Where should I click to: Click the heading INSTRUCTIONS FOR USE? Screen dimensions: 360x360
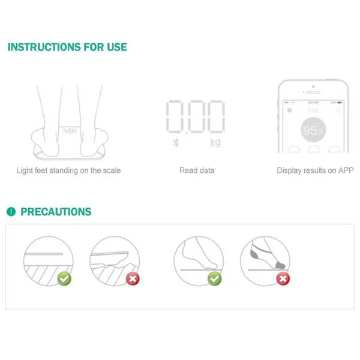67,47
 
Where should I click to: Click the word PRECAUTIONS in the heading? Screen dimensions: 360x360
56,212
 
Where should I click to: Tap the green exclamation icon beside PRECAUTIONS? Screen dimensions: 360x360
11,212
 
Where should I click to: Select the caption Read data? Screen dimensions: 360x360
197,170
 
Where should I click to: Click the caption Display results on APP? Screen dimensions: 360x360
315,170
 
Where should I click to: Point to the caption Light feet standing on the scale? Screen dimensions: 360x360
68,170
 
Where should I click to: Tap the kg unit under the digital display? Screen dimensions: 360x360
215,143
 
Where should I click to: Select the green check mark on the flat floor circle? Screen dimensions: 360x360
64,278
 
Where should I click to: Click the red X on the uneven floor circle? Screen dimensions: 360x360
133,278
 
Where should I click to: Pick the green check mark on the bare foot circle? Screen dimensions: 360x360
214,278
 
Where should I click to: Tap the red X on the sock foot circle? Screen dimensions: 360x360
283,278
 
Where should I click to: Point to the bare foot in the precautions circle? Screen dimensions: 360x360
198,252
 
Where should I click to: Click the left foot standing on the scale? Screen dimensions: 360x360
48,123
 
